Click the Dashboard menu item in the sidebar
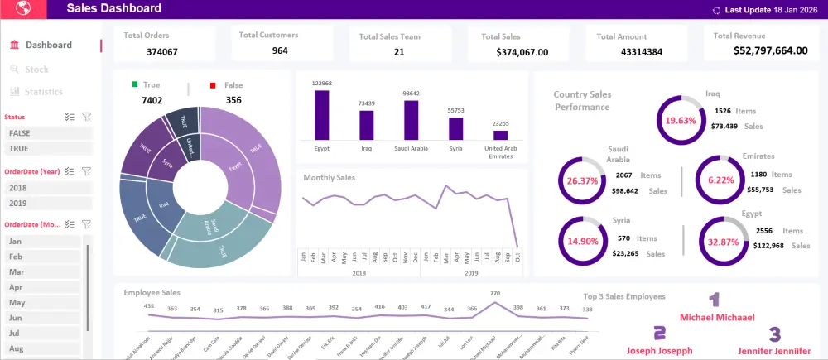48,45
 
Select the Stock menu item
36,70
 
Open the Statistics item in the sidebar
43,92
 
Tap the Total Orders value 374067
162,52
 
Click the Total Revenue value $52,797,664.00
770,50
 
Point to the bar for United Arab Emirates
500,135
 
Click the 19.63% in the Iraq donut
681,120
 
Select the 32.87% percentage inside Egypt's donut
723,242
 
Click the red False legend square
213,85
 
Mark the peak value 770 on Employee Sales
495,293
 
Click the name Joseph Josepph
660,350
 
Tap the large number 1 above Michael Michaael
714,300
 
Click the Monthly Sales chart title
329,178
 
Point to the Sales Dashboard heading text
114,9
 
